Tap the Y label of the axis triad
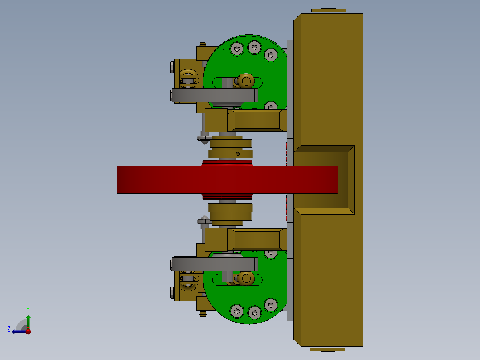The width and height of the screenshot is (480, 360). (x=28, y=310)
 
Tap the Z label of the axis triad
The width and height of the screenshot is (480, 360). (x=9, y=329)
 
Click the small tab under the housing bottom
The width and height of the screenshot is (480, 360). (x=327, y=349)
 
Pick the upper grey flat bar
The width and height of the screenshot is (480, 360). (x=214, y=95)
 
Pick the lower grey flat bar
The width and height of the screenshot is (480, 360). (x=214, y=264)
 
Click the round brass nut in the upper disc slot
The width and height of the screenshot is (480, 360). (x=245, y=81)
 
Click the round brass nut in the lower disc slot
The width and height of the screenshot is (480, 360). (x=245, y=278)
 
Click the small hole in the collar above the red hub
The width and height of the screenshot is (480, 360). (x=236, y=154)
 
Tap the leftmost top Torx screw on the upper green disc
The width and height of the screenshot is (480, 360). (x=236, y=49)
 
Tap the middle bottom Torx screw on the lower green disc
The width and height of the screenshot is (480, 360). (x=254, y=313)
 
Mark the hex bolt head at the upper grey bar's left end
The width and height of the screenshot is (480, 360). (x=172, y=94)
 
